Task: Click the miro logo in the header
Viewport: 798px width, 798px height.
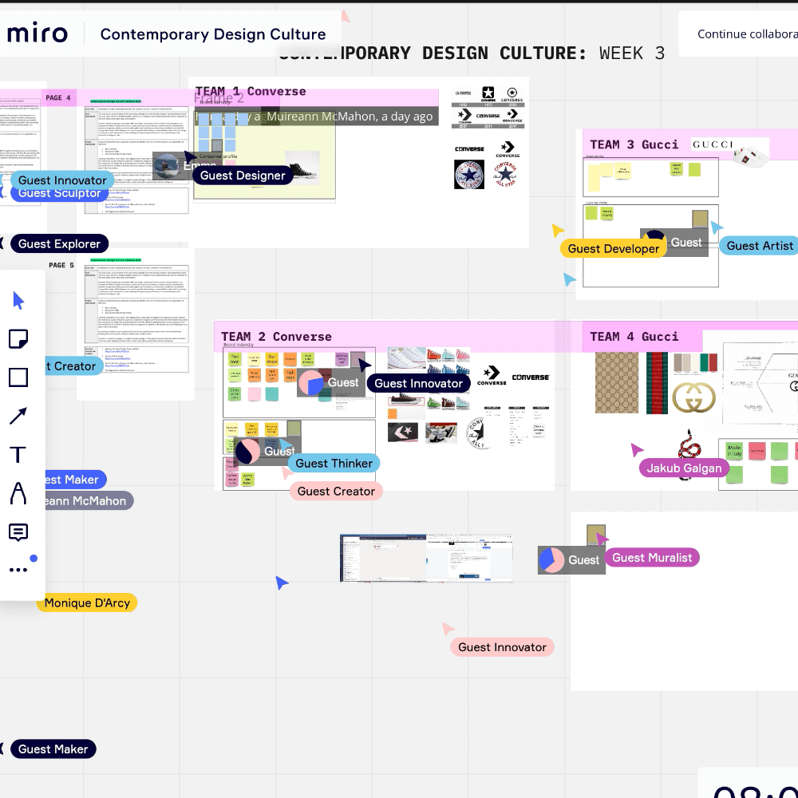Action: pyautogui.click(x=38, y=34)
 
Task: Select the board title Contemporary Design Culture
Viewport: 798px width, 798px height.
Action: pyautogui.click(x=213, y=34)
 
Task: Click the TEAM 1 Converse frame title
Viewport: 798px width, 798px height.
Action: pyautogui.click(x=251, y=92)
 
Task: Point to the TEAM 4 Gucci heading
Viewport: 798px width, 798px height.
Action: pyautogui.click(x=634, y=337)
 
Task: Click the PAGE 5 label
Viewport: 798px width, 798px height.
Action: pyautogui.click(x=61, y=265)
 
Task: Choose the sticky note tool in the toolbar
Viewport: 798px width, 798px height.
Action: pyautogui.click(x=18, y=339)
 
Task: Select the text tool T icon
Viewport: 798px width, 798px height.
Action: pyautogui.click(x=18, y=455)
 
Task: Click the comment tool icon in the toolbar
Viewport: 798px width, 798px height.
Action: pyautogui.click(x=18, y=532)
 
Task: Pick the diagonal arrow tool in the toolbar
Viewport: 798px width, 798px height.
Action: pyautogui.click(x=18, y=416)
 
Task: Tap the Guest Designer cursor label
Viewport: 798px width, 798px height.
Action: pyautogui.click(x=243, y=176)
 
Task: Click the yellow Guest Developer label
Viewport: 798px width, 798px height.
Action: pyautogui.click(x=614, y=249)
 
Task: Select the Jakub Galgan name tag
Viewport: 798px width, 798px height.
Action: pyautogui.click(x=684, y=468)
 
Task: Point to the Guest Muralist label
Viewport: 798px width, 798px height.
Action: pyautogui.click(x=651, y=558)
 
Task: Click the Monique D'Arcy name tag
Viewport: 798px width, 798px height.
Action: pyautogui.click(x=87, y=603)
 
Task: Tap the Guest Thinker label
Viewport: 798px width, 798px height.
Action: pyautogui.click(x=334, y=464)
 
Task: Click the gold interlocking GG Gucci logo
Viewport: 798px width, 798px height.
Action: pyautogui.click(x=693, y=398)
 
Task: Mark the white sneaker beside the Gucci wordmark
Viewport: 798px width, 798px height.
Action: pyautogui.click(x=750, y=154)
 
